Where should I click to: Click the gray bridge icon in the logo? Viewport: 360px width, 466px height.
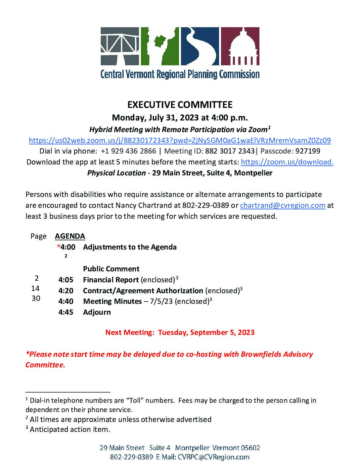tap(120, 46)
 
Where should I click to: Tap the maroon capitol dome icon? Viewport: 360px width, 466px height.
tap(240, 46)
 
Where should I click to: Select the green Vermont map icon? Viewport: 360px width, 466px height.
tap(160, 46)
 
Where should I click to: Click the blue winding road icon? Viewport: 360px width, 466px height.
tap(200, 46)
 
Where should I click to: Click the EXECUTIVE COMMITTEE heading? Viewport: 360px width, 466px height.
tap(180, 105)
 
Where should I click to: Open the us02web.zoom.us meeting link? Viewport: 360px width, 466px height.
tap(180, 140)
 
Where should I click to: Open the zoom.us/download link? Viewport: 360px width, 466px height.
tap(287, 162)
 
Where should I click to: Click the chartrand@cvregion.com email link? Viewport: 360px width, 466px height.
tap(283, 205)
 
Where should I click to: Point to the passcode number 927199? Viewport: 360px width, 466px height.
tap(308, 151)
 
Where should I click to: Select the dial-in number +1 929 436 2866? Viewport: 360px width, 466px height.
tap(128, 151)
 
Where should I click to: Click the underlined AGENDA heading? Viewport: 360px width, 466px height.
tap(70, 236)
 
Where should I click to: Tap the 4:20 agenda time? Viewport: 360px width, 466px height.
tap(66, 291)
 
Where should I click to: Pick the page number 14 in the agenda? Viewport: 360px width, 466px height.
tap(35, 288)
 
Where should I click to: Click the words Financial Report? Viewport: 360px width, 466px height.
tap(111, 280)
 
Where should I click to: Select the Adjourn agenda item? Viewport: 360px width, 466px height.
tap(97, 312)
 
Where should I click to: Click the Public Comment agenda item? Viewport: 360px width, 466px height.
tap(111, 269)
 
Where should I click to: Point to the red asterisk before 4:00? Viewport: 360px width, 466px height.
tap(59, 247)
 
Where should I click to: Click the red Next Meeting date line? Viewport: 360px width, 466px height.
tap(180, 332)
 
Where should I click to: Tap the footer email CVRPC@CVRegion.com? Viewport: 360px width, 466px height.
tap(213, 457)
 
